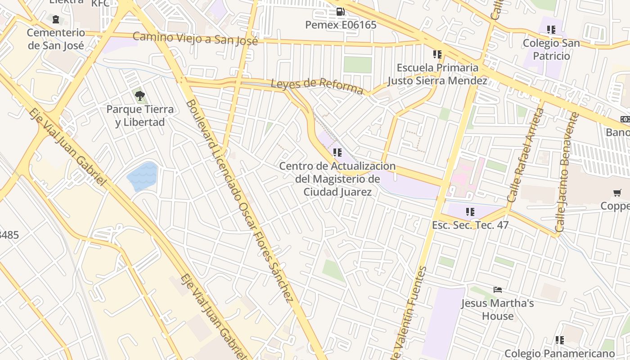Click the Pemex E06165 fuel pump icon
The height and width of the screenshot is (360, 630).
[x=340, y=12]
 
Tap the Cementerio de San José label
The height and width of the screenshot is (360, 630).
[x=55, y=39]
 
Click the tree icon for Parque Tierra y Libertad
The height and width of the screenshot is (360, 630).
[x=139, y=95]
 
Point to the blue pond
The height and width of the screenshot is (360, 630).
[x=143, y=176]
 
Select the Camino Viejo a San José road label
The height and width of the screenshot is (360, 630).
[x=195, y=39]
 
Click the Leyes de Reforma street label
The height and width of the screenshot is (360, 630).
[x=317, y=85]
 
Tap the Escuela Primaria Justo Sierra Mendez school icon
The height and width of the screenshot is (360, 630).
[x=437, y=54]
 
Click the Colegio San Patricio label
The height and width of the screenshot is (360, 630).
[x=551, y=49]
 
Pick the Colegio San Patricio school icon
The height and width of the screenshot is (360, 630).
[x=551, y=30]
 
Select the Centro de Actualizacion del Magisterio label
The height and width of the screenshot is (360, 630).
[x=337, y=179]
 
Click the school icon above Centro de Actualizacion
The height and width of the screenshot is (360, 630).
[x=337, y=153]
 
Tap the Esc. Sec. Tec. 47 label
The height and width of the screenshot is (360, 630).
[x=470, y=225]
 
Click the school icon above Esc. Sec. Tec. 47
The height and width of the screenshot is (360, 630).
[x=470, y=211]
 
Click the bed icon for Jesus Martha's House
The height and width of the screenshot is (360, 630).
[x=497, y=289]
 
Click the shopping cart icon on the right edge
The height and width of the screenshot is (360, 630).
[x=617, y=193]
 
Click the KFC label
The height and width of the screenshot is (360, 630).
[x=100, y=4]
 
